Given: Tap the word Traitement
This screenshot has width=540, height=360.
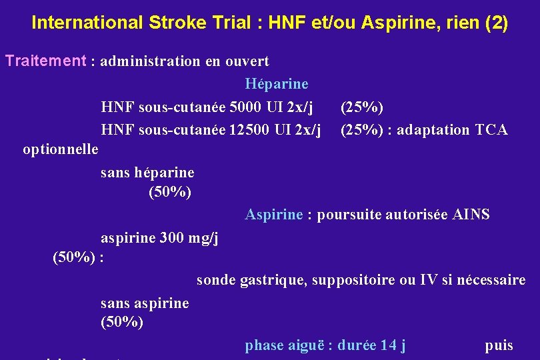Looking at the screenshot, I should coord(46,61).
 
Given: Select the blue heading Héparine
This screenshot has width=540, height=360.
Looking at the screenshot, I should coord(277,84).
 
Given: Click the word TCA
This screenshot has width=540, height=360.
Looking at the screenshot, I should coord(492,129).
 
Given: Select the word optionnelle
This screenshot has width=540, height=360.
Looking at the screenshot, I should coord(61,148).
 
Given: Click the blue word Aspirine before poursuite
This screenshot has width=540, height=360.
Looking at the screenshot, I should coord(274,215).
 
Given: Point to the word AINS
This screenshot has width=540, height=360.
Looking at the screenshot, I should coord(471,215).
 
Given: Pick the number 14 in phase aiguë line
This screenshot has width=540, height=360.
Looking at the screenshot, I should coord(388,345).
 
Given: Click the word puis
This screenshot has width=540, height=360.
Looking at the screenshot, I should coord(499,345).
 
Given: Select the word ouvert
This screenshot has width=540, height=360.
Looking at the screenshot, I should coord(247,61).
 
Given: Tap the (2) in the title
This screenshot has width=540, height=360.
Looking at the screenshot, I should coord(497,23).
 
